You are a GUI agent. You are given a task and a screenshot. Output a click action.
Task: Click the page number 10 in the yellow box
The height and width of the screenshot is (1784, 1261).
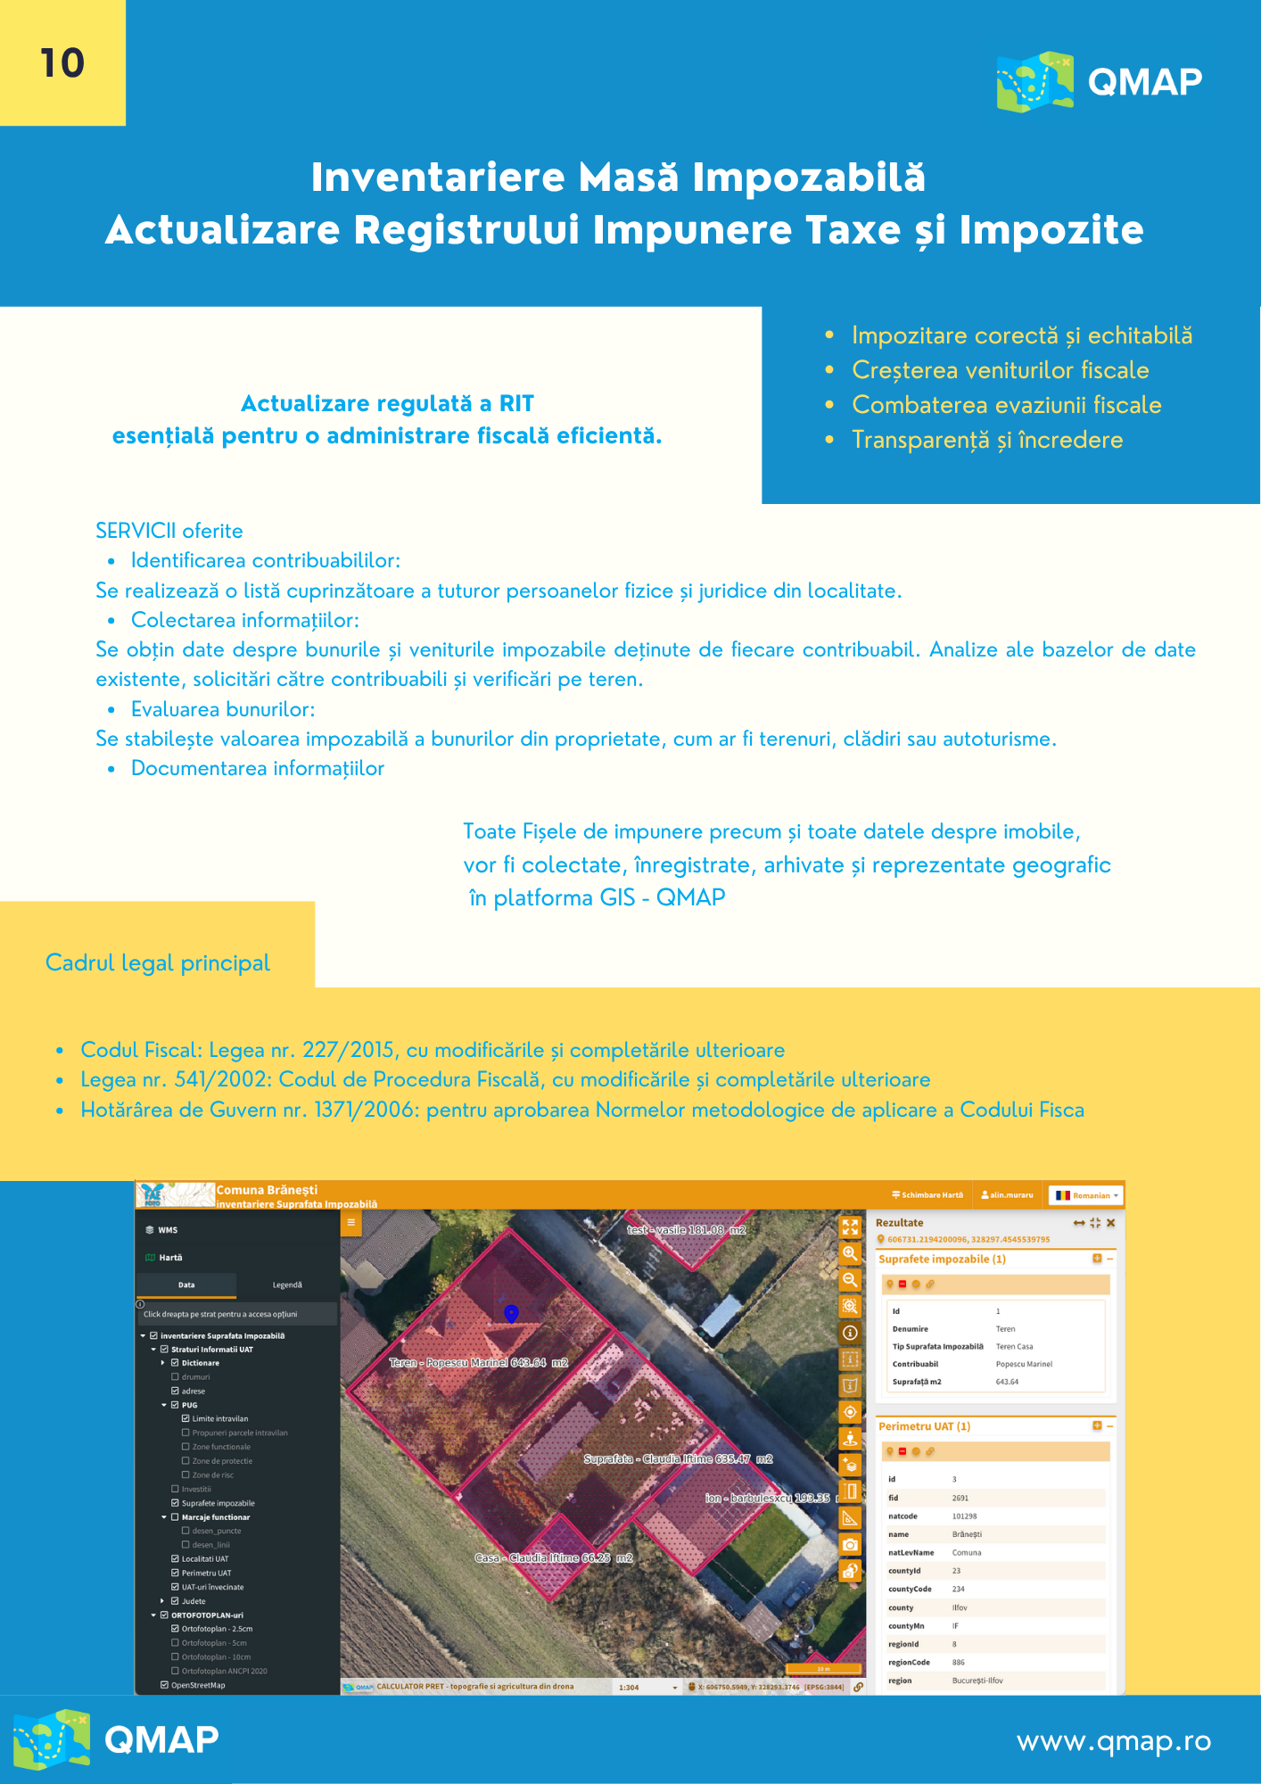click(62, 63)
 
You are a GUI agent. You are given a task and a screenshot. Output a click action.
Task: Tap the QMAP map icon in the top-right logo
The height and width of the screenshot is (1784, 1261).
click(1034, 81)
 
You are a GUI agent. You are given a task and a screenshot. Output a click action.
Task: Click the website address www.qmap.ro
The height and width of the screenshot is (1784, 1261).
click(1114, 1740)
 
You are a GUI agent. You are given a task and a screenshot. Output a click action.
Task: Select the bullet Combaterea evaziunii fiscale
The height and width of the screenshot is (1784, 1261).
click(1006, 405)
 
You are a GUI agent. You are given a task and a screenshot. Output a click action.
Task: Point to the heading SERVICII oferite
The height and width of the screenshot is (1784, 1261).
click(169, 531)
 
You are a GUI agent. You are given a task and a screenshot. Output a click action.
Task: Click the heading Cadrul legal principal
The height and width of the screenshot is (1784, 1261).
click(158, 962)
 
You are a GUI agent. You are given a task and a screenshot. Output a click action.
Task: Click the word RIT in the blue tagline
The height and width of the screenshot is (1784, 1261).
click(516, 403)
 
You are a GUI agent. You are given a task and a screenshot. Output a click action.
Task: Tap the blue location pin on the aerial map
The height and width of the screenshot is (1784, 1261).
click(511, 1313)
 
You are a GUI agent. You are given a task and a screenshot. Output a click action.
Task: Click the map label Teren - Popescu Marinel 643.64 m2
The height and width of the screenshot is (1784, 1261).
click(479, 1363)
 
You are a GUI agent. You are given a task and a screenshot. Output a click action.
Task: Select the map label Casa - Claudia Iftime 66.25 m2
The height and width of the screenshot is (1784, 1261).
click(553, 1557)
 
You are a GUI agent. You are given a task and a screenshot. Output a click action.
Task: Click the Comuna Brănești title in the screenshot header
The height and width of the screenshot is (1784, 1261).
click(267, 1190)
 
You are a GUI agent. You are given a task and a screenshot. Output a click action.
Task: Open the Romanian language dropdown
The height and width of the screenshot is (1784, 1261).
click(1086, 1195)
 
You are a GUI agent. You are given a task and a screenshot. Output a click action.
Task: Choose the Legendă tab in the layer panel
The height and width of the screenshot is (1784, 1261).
click(287, 1284)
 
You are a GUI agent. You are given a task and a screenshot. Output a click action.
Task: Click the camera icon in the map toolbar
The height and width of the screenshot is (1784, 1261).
click(851, 1544)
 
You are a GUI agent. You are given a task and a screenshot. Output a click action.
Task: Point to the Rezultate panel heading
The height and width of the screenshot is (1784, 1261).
click(899, 1223)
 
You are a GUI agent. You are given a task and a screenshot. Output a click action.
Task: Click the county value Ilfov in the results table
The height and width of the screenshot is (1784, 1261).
click(960, 1607)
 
